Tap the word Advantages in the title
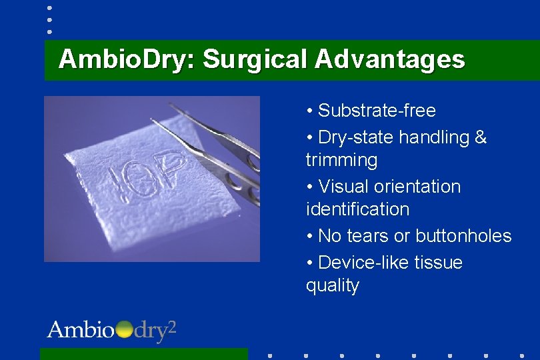pos(390,60)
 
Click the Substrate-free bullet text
pos(377,111)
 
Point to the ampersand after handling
pos(481,137)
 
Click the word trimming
pos(341,160)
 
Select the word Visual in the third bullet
pos(345,187)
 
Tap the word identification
pos(357,209)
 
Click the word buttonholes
pos(463,236)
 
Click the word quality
pos(332,285)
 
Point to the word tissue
pos(438,263)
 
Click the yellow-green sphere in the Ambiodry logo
pos(124,330)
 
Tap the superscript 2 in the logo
pos(171,326)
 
